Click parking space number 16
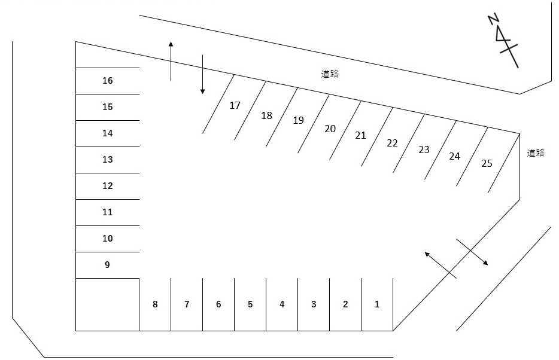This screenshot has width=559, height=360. pos(108,81)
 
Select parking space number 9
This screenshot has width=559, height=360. pos(108,265)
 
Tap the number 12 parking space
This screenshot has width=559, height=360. pos(108,186)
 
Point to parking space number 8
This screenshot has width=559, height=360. pos(155,304)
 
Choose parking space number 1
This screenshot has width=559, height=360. pos(377,304)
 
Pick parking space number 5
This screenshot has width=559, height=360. pos(250,304)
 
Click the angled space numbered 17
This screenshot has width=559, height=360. pos(235,106)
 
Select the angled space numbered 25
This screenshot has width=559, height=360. pos(487,163)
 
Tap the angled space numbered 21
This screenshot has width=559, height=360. pos(361,136)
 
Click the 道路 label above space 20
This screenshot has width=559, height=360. pos(330,74)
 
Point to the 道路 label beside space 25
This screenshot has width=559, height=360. pos(536,153)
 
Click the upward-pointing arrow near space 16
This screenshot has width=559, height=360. pos(171,61)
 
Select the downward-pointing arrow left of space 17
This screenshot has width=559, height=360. pos(203,75)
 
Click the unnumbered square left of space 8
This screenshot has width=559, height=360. pos(108,304)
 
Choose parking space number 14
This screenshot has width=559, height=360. pos(108,133)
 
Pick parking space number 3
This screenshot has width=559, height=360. pos(314,304)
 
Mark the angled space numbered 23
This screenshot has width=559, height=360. pos(424,150)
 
